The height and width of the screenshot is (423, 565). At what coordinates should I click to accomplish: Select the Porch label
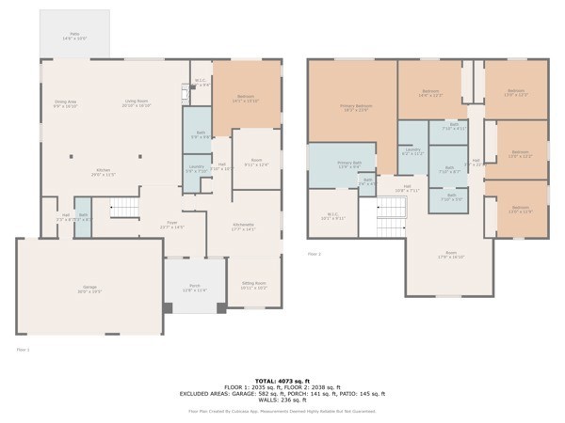point(195,288)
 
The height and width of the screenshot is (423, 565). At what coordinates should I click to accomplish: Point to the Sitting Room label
point(254,285)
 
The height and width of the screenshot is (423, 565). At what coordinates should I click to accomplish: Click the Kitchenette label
point(244,226)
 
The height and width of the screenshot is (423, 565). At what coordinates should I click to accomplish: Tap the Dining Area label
point(65,104)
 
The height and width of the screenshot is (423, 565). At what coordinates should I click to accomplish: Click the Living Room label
point(137,104)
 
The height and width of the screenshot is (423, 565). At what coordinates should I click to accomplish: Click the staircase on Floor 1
point(124,207)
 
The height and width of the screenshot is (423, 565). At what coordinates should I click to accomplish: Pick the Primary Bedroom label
point(356,108)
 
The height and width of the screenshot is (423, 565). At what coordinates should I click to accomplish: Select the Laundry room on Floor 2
point(412,151)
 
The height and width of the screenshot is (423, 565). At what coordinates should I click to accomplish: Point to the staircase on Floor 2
point(391,222)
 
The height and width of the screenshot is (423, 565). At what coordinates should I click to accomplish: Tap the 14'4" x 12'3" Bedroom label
point(430,93)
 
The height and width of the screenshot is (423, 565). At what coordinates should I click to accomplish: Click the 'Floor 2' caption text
point(315,253)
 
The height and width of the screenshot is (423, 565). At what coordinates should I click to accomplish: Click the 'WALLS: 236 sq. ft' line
point(282,401)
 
